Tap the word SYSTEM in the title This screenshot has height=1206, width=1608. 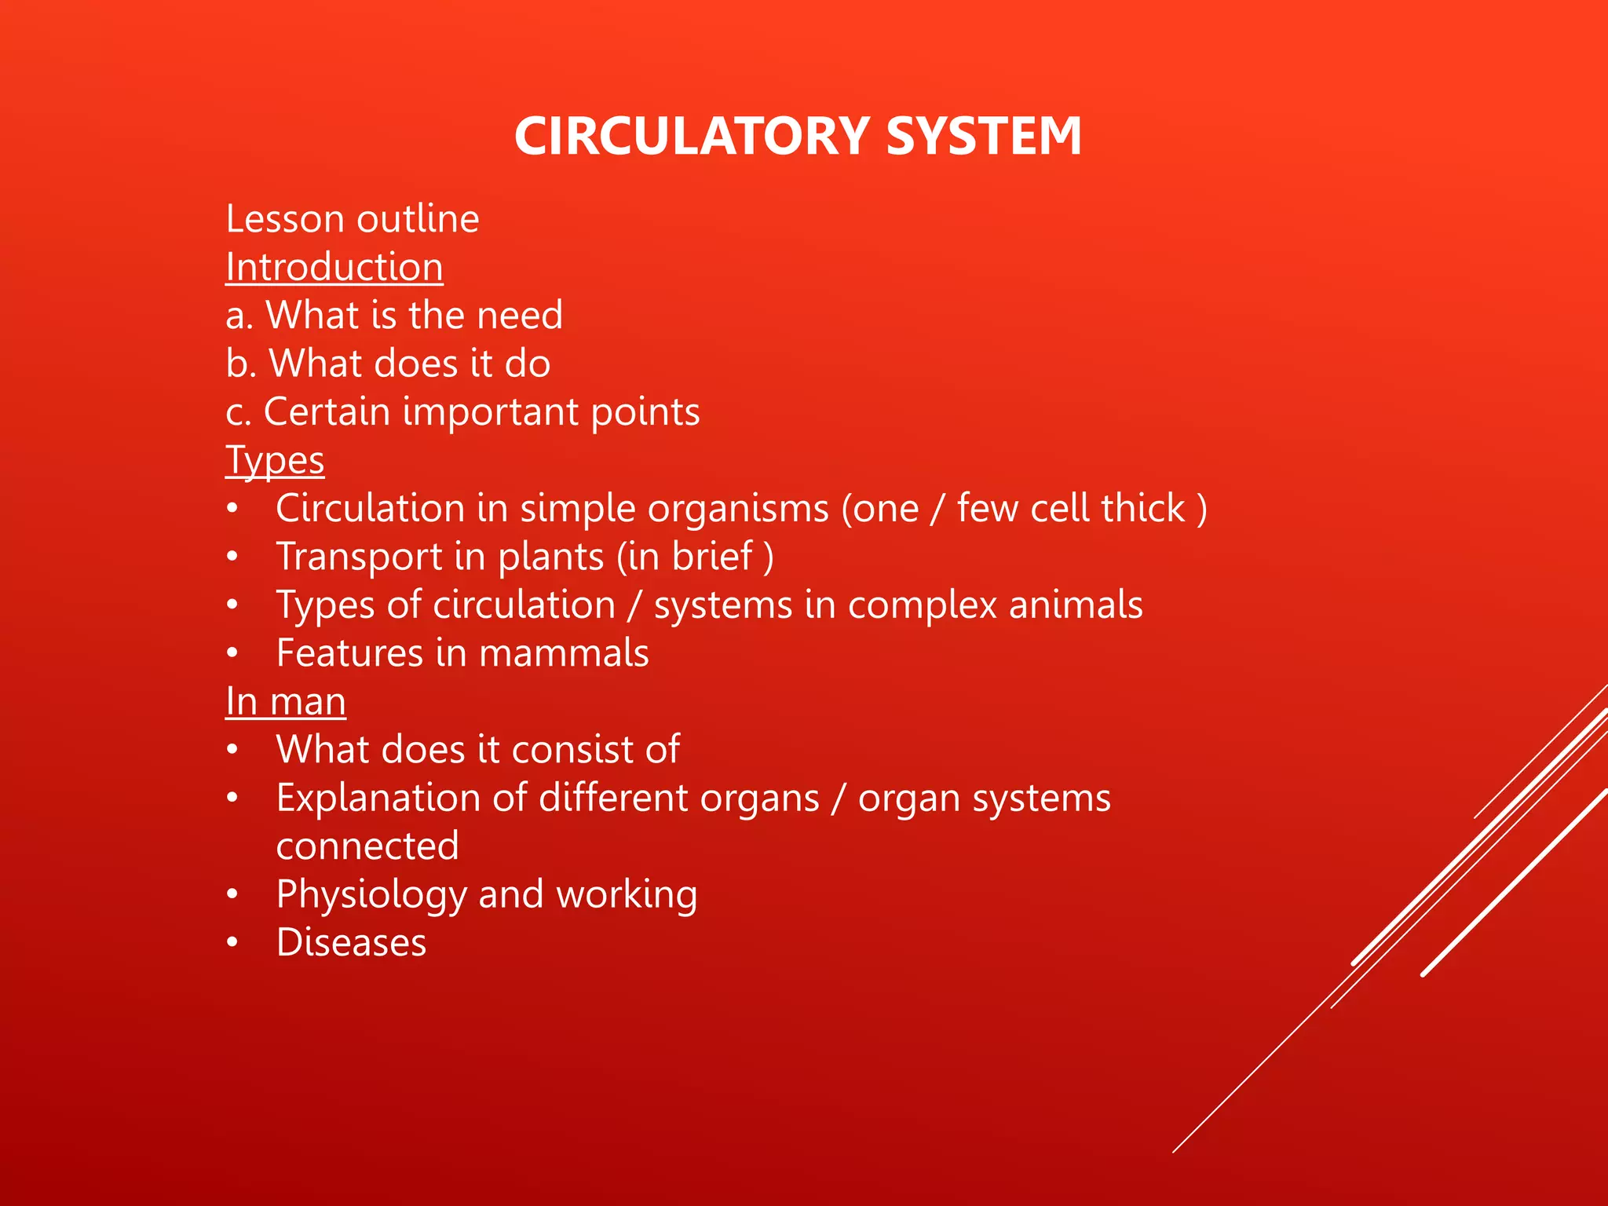(984, 136)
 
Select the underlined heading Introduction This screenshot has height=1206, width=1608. (334, 267)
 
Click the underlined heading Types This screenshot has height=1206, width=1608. (275, 461)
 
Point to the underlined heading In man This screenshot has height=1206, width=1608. (286, 701)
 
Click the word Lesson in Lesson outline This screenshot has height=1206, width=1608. (285, 219)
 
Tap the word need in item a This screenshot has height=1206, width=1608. (520, 316)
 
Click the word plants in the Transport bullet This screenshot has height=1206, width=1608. (550, 557)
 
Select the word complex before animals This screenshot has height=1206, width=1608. (922, 605)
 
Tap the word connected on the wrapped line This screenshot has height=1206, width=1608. (367, 846)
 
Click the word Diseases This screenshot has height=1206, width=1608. (351, 943)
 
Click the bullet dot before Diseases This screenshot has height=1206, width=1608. (232, 943)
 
